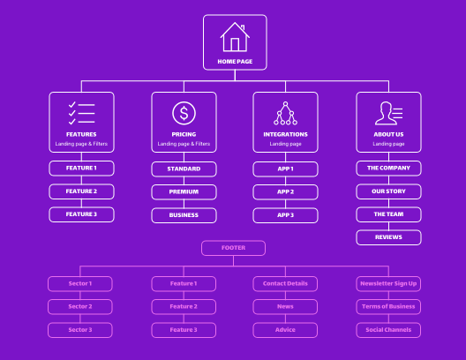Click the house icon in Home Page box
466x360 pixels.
pyautogui.click(x=235, y=37)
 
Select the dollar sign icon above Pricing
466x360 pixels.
pyautogui.click(x=184, y=113)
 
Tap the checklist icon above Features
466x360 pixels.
pyautogui.click(x=81, y=113)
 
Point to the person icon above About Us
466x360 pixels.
pyautogui.click(x=388, y=113)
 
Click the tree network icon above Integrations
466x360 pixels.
pyautogui.click(x=285, y=113)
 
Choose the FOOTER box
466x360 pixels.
pyautogui.click(x=233, y=248)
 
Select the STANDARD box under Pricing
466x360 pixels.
pyautogui.click(x=184, y=169)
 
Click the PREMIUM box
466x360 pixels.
pyautogui.click(x=184, y=191)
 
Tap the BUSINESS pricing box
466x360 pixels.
pyautogui.click(x=184, y=215)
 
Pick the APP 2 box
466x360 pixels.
pyautogui.click(x=285, y=191)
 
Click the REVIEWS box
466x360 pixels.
pyautogui.click(x=388, y=237)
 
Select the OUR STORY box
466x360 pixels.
pyautogui.click(x=388, y=191)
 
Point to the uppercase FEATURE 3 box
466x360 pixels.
pyautogui.click(x=81, y=214)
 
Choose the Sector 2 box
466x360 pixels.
pyautogui.click(x=80, y=306)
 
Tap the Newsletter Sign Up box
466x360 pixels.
pyautogui.click(x=388, y=283)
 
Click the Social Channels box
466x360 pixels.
pyautogui.click(x=388, y=330)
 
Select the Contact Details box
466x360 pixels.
pyautogui.click(x=285, y=283)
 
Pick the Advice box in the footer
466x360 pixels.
pyautogui.click(x=285, y=330)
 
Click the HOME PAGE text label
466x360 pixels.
pyautogui.click(x=235, y=62)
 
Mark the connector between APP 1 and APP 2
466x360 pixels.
pyautogui.click(x=285, y=181)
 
